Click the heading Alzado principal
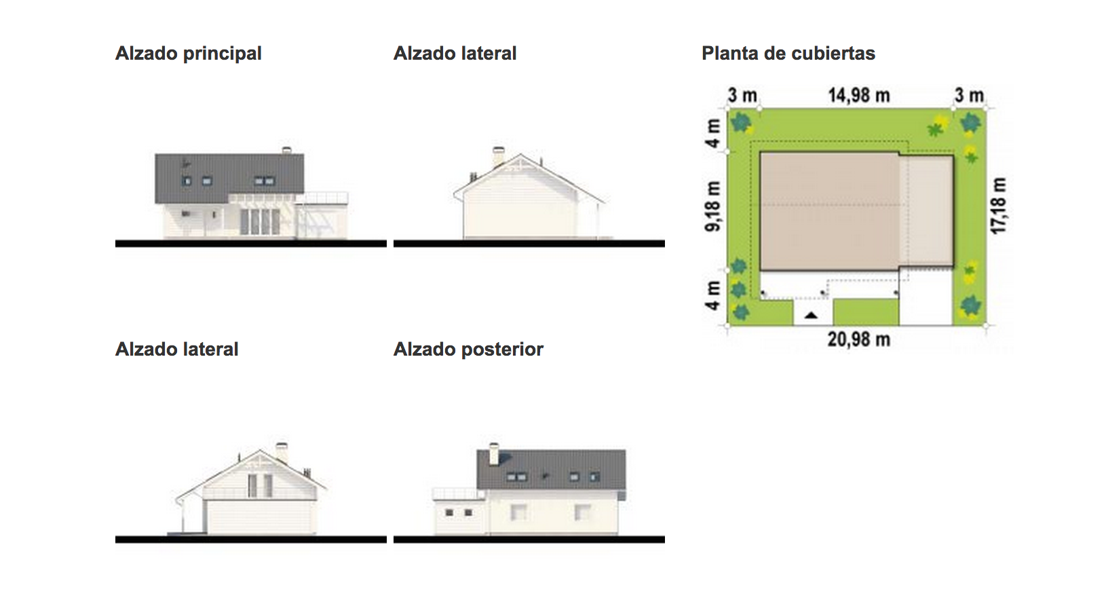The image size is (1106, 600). pyautogui.click(x=188, y=54)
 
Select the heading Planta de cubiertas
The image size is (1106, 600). pyautogui.click(x=788, y=54)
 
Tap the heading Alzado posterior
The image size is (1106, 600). pyautogui.click(x=468, y=350)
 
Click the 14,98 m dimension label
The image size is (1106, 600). pyautogui.click(x=858, y=95)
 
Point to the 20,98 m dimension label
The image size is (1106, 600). pyautogui.click(x=858, y=339)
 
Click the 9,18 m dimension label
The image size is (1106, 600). pyautogui.click(x=713, y=206)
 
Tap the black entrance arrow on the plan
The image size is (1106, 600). pyautogui.click(x=811, y=315)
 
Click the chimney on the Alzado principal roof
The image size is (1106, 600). pyautogui.click(x=286, y=149)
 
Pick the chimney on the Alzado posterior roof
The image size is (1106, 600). pyautogui.click(x=494, y=453)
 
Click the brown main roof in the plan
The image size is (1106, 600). pyautogui.click(x=829, y=210)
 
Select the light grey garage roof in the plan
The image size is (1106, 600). pyautogui.click(x=926, y=210)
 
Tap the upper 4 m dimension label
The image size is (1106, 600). pyautogui.click(x=713, y=133)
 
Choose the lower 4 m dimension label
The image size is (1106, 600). pyautogui.click(x=713, y=296)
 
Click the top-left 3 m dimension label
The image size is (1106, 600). pyautogui.click(x=742, y=96)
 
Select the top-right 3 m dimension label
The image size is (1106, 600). pyautogui.click(x=968, y=96)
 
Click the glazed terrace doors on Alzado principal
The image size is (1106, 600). pyautogui.click(x=260, y=221)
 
